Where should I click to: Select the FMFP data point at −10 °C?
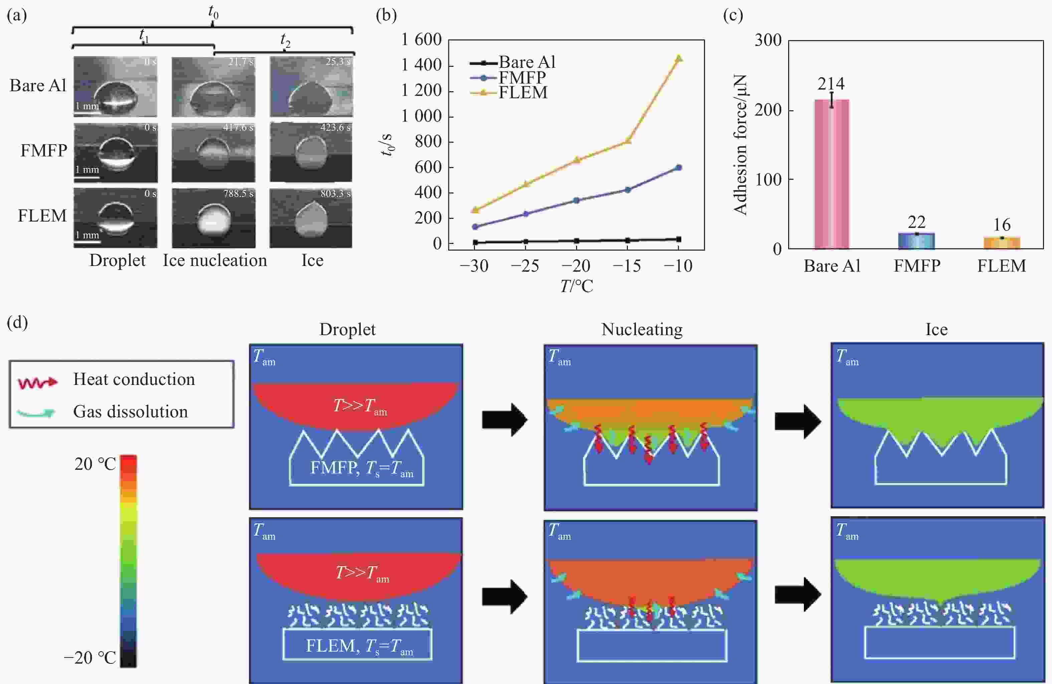click(679, 167)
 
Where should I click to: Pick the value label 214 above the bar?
click(831, 84)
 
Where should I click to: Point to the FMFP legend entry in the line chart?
click(522, 78)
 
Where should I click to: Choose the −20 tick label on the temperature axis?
click(576, 266)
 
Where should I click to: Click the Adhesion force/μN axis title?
click(740, 145)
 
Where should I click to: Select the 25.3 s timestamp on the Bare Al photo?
click(338, 61)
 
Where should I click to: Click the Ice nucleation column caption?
click(215, 260)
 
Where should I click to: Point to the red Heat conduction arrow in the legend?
click(37, 383)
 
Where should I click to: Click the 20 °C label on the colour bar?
click(95, 464)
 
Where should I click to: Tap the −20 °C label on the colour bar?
click(90, 658)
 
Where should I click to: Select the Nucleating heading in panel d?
click(642, 329)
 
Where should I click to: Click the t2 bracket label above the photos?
click(285, 41)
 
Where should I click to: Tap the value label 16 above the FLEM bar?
click(1002, 225)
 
